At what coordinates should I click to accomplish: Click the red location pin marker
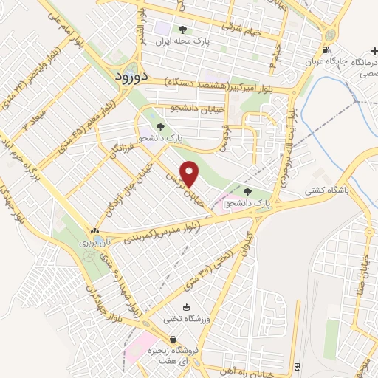point(189,174)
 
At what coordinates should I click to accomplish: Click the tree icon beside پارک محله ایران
point(182,31)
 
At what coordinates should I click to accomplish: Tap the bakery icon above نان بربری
point(94,230)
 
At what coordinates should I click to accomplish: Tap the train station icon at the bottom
point(297,367)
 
